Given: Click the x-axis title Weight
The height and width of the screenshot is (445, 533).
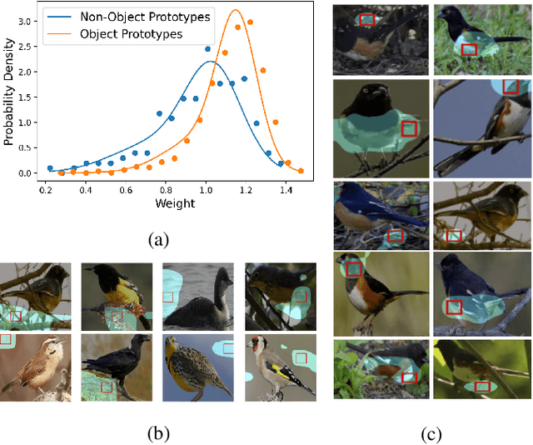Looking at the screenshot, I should [x=173, y=203].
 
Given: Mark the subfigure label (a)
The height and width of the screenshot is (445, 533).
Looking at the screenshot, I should [x=159, y=240].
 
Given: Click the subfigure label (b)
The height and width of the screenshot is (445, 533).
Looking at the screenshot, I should [x=159, y=432].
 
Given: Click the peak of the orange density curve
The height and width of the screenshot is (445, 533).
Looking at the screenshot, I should [x=236, y=11].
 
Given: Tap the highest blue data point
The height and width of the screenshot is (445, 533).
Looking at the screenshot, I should [x=208, y=49].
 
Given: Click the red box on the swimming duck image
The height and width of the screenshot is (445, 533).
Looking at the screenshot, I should [x=167, y=297].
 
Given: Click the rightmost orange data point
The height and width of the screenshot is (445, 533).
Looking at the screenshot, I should [x=301, y=171].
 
